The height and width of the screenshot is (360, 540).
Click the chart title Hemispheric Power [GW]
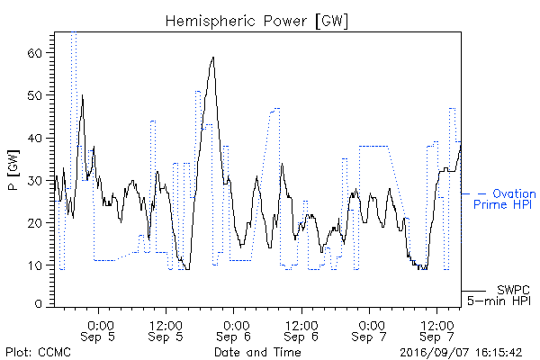coord(256,21)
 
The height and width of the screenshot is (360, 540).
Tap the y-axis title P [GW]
coord(13,170)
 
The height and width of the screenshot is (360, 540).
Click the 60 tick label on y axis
coord(34,53)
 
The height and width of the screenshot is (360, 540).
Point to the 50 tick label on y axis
coord(34,95)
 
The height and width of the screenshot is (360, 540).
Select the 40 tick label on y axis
coord(34,138)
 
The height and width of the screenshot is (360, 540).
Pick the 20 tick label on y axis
coord(34,223)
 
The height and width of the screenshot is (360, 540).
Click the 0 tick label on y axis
coord(38,304)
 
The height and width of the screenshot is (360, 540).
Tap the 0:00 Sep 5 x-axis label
coord(98,330)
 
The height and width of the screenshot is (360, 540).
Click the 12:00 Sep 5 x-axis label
coord(166,330)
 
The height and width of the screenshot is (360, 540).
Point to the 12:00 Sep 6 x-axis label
coord(301,330)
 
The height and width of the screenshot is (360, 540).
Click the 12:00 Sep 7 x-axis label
coord(436,330)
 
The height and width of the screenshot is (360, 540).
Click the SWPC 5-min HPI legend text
coord(499,295)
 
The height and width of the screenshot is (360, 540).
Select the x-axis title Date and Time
coord(257,352)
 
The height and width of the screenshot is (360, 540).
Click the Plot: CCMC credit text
coord(38,352)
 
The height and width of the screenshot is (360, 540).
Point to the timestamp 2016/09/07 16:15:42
coord(461,353)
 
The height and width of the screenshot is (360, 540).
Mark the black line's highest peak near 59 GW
coord(213,58)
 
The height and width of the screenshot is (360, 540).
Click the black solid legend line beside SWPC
coord(473,291)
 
